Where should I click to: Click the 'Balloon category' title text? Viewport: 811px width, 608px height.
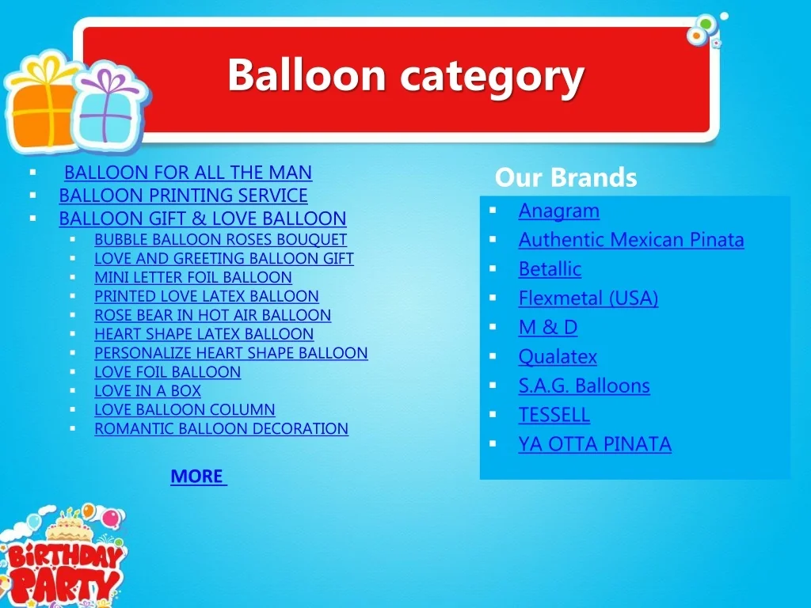click(406, 75)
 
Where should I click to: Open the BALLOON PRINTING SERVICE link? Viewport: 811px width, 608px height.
click(183, 196)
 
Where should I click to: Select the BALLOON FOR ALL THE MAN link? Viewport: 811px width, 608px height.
click(188, 172)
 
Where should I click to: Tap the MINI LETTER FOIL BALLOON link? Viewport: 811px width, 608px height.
click(193, 277)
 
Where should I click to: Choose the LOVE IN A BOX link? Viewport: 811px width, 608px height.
click(147, 390)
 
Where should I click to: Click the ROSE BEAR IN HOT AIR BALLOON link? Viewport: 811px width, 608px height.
click(212, 315)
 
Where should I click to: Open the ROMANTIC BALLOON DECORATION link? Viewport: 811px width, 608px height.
click(222, 428)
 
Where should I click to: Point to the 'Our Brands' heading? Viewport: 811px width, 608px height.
click(565, 177)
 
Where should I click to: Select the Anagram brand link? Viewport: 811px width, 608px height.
click(559, 211)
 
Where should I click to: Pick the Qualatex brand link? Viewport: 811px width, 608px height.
click(558, 356)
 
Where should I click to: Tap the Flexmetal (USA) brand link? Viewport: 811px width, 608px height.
click(588, 298)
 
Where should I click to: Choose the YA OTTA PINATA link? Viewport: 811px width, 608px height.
click(595, 444)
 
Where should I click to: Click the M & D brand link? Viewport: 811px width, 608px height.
click(548, 327)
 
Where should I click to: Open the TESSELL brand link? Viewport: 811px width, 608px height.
click(554, 415)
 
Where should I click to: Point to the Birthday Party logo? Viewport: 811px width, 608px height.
click(62, 556)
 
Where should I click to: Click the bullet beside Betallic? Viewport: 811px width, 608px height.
click(493, 268)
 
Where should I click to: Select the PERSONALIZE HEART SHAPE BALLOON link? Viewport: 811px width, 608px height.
click(231, 352)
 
